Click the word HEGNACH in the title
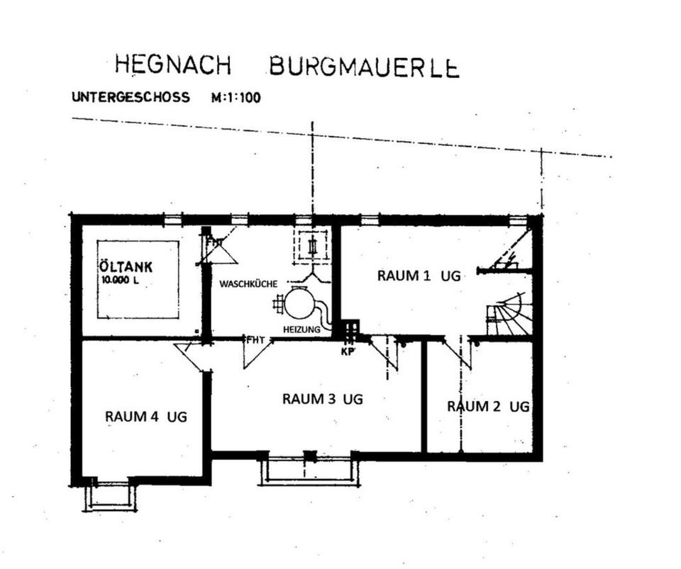tap(173, 64)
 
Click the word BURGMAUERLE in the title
tap(364, 67)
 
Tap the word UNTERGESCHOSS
tap(131, 96)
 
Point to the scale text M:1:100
tap(236, 98)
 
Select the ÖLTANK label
tap(126, 266)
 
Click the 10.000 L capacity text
tap(120, 280)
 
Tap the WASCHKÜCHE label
tap(248, 284)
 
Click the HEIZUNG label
tap(302, 329)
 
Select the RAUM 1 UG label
tap(419, 276)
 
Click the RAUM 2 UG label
tap(488, 406)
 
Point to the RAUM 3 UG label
tap(322, 398)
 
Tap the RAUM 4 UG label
tap(146, 417)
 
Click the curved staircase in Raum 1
tap(509, 314)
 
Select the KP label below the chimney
tap(348, 351)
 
